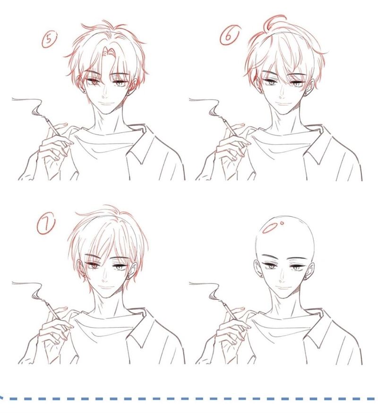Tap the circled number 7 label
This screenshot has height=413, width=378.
(x=46, y=225)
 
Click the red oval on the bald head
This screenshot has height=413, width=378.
(x=271, y=228)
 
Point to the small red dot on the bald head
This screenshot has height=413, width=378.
(x=283, y=223)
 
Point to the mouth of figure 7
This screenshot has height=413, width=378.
(x=105, y=287)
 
